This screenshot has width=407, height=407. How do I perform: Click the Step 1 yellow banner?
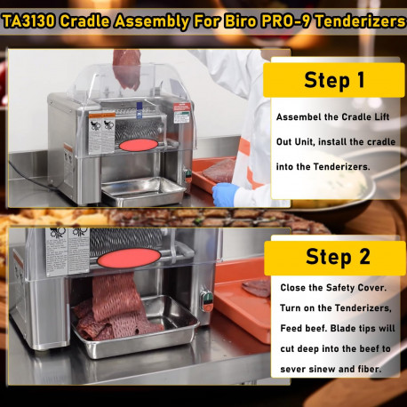point(333,80)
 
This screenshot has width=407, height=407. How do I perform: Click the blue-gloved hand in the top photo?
point(224,193)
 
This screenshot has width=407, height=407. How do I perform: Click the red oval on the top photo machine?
point(135,144)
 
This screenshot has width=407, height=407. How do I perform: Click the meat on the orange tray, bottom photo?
point(257,288)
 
